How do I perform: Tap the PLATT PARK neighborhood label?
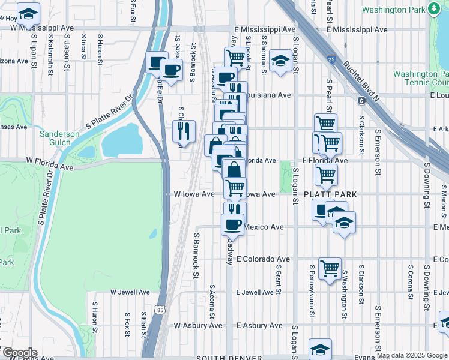[x=330, y=194]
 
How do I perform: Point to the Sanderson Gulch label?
[x=59, y=139]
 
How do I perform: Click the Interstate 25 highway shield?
[x=332, y=59]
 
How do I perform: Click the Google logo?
[x=19, y=353]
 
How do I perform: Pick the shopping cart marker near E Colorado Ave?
[x=330, y=268]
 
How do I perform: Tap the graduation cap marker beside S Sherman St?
[x=280, y=61]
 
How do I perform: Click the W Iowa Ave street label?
[x=194, y=194]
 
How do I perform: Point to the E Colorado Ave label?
[x=263, y=259]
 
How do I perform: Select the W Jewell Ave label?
[x=130, y=292]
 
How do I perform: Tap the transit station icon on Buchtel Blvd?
[x=361, y=101]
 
